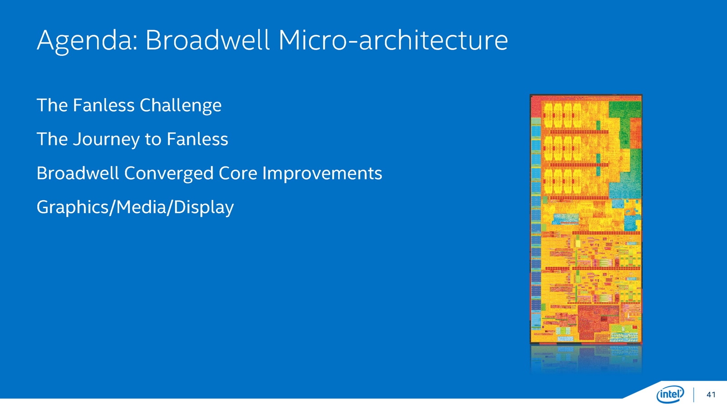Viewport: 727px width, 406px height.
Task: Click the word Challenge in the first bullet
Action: pyautogui.click(x=180, y=106)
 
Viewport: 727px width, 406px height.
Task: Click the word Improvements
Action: pyautogui.click(x=322, y=174)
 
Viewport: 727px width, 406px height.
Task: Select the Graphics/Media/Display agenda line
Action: pyautogui.click(x=135, y=208)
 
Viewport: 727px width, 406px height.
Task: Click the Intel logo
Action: pyautogui.click(x=670, y=394)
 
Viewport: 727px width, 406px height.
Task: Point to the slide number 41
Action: pyautogui.click(x=711, y=394)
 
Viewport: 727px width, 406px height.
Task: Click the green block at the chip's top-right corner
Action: pyautogui.click(x=625, y=109)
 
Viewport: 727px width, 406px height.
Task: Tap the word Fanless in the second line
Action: pyautogui.click(x=197, y=139)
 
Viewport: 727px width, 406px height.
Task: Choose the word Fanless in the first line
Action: pyautogui.click(x=104, y=105)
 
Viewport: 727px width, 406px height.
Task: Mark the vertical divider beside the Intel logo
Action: pyautogui.click(x=694, y=395)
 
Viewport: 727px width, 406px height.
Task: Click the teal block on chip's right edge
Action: pyautogui.click(x=625, y=185)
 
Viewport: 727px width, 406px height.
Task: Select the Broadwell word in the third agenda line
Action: pyautogui.click(x=78, y=173)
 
